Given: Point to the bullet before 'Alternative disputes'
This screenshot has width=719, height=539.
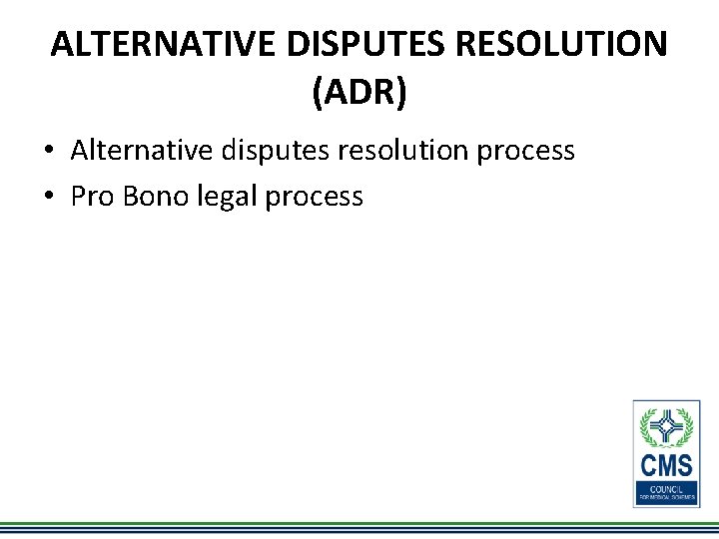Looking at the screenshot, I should point(48,152).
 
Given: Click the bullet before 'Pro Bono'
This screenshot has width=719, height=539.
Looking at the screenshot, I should point(48,197).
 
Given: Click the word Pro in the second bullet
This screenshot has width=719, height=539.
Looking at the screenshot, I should point(93,197).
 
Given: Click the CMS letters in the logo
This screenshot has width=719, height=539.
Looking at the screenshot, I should point(666,466).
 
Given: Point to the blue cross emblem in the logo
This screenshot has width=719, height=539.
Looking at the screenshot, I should point(666,427).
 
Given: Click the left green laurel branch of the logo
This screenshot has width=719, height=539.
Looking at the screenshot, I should point(647,427).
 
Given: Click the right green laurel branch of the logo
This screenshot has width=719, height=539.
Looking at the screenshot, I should point(686,427).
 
